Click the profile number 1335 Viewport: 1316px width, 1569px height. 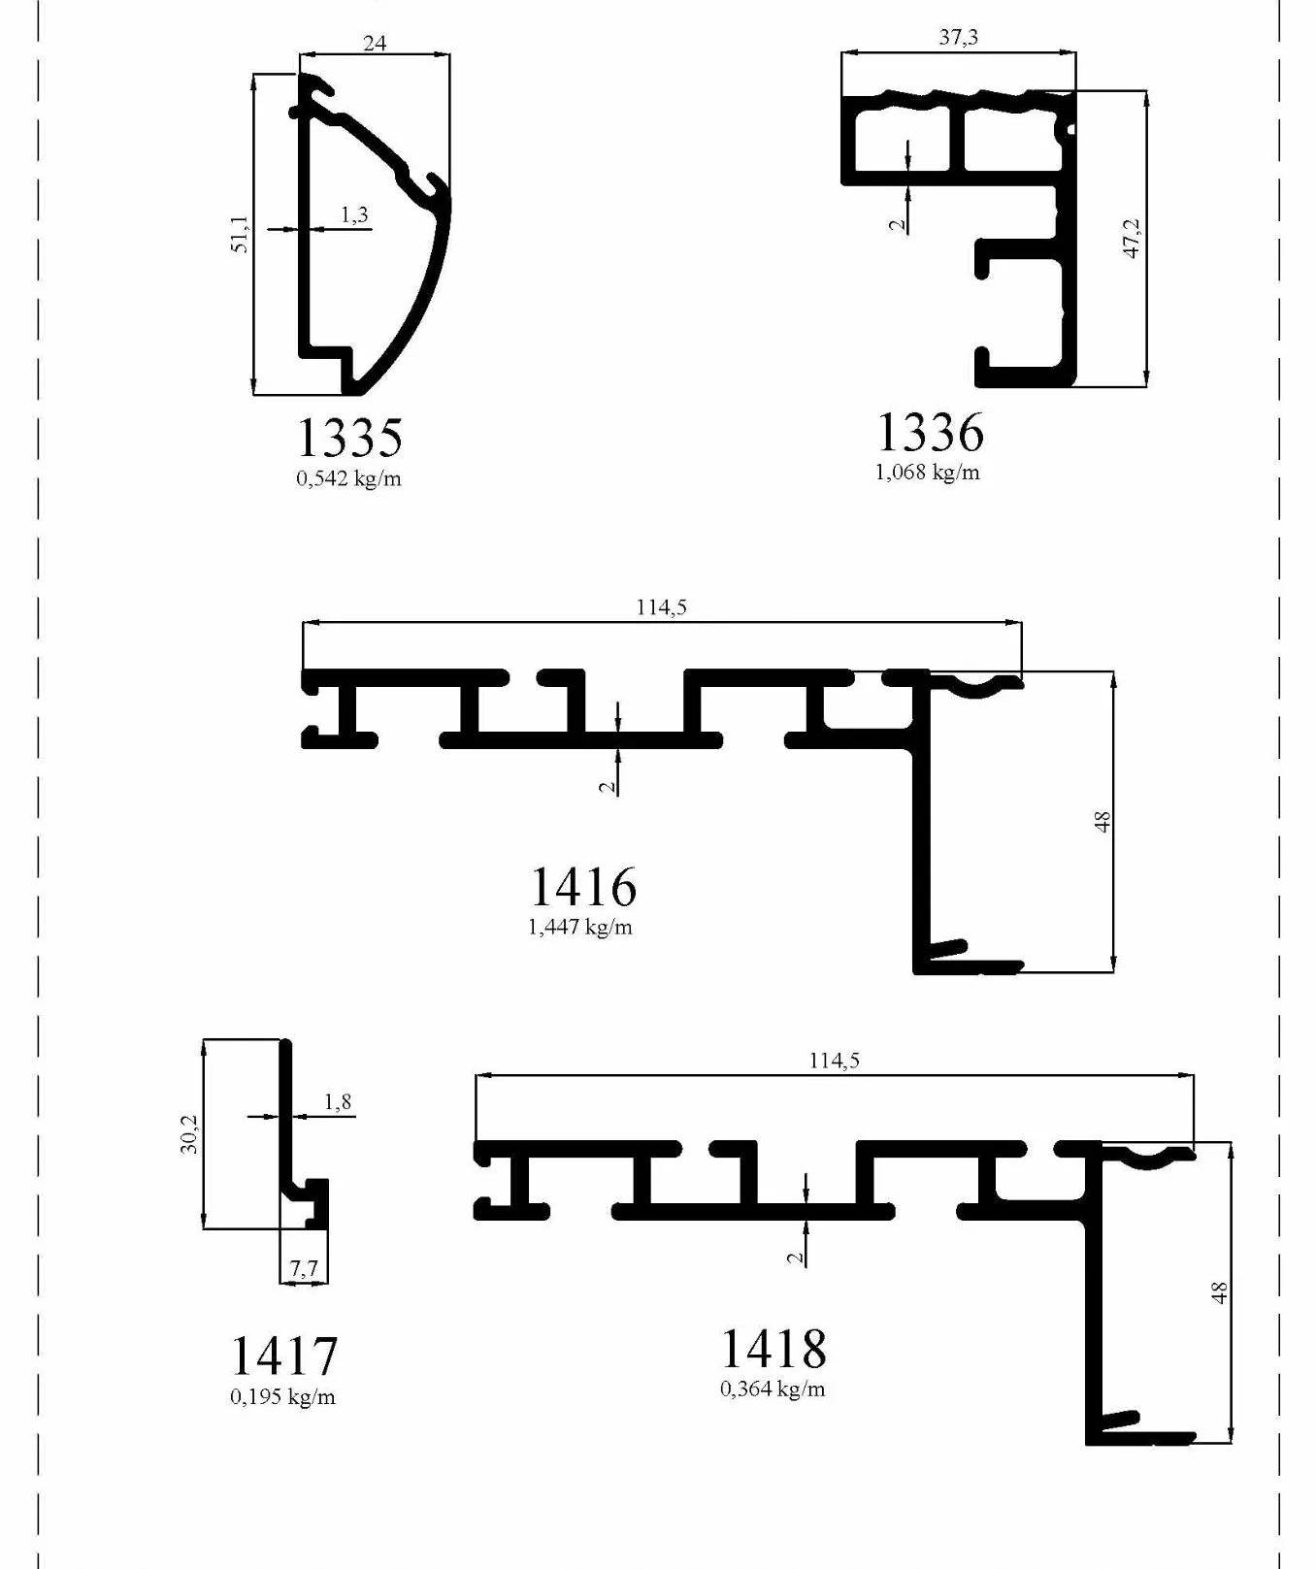point(348,438)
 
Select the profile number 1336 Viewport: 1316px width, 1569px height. point(930,432)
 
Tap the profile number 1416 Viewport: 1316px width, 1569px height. point(583,886)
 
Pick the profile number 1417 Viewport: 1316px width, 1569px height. point(283,1356)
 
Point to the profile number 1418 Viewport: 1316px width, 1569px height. point(773,1348)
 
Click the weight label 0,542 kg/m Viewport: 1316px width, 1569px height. point(348,478)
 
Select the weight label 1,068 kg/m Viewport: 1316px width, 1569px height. point(928,473)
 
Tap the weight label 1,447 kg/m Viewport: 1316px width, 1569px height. point(580,927)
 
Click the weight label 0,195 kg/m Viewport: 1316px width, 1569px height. point(282,1396)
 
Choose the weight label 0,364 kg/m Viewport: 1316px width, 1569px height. point(773,1389)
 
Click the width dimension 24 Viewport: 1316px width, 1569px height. point(375,43)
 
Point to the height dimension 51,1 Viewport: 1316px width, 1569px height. point(240,234)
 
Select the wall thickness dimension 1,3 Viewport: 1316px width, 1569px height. point(354,214)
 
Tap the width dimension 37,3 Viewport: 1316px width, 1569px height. point(959,37)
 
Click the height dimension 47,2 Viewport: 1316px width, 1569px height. point(1132,239)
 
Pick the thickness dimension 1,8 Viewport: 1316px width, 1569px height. point(338,1102)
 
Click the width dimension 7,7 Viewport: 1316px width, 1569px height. point(304,1268)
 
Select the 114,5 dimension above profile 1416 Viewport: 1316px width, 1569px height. point(662,607)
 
